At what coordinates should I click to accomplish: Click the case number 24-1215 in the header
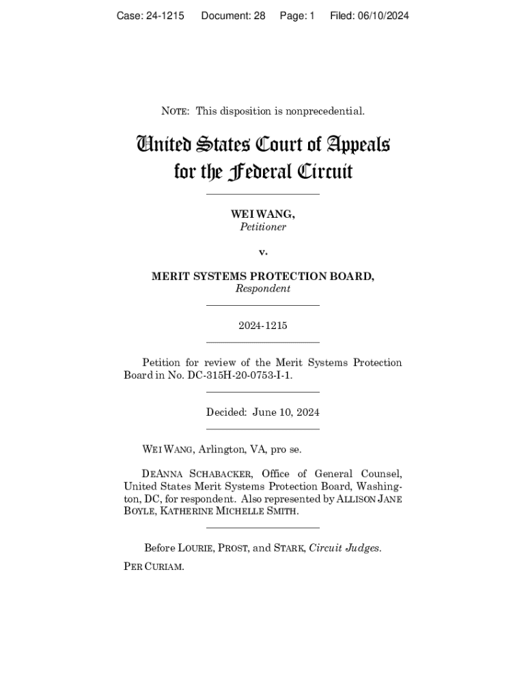(163, 16)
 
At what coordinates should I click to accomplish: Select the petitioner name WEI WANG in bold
(262, 214)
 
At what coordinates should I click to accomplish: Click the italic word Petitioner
(263, 227)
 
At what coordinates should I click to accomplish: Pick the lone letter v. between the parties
(263, 252)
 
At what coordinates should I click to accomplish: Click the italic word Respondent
(263, 289)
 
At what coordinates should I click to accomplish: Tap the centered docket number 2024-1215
(263, 326)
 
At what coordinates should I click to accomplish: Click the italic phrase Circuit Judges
(344, 547)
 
